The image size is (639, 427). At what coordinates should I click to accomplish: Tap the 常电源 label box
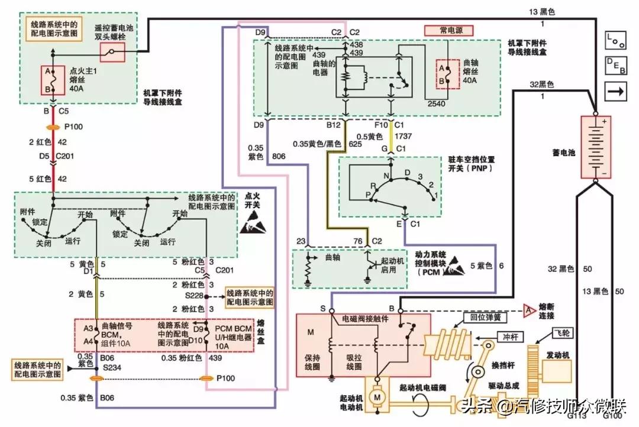pos(447,30)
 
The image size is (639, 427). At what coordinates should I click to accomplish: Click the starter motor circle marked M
pos(376,397)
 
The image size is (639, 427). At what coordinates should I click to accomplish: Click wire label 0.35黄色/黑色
pos(317,144)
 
